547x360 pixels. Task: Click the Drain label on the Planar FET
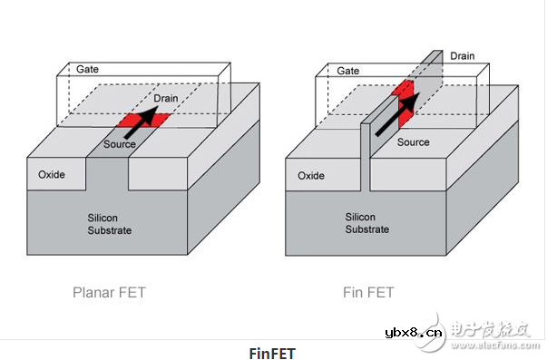[165, 97]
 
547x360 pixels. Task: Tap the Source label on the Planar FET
[120, 142]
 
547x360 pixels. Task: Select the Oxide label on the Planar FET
[51, 174]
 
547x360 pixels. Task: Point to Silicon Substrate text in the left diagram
[110, 223]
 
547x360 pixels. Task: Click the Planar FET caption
[108, 293]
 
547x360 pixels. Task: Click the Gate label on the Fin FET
[347, 70]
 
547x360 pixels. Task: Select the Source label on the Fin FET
[413, 142]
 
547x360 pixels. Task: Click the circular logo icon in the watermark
[447, 327]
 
